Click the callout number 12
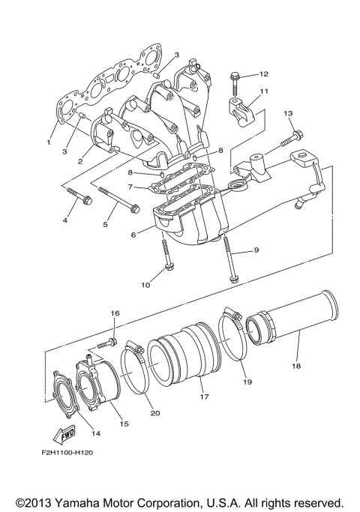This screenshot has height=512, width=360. coord(263,74)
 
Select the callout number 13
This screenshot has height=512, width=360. coord(287,113)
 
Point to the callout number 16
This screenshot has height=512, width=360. coord(115,313)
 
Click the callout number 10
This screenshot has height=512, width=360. coord(145,285)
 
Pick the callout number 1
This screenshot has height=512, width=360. coord(48,141)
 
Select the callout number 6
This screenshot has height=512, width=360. coord(132,235)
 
